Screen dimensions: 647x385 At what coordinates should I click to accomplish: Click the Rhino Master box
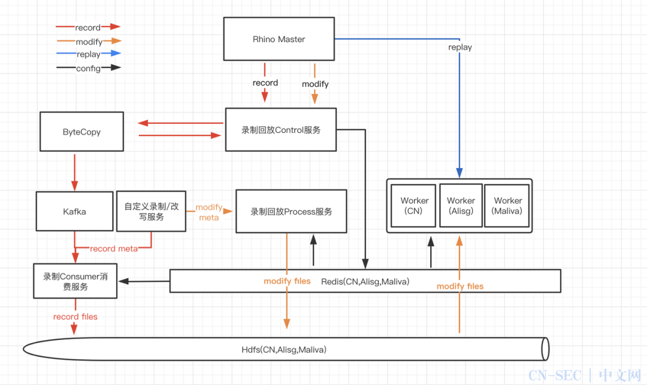click(279, 39)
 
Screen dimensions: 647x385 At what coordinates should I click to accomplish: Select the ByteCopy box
click(81, 132)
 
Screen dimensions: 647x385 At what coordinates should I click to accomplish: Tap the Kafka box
click(75, 211)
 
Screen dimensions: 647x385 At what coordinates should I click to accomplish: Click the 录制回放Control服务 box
click(281, 129)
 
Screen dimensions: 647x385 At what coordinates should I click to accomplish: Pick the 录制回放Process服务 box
click(291, 211)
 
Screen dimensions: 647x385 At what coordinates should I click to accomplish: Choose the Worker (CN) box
click(413, 206)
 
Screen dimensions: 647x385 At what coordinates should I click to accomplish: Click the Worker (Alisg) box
click(461, 206)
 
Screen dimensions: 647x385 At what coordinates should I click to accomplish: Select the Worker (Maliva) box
click(507, 206)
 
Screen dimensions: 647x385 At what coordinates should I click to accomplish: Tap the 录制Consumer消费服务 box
click(75, 281)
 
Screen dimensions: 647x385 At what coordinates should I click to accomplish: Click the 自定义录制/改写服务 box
click(152, 211)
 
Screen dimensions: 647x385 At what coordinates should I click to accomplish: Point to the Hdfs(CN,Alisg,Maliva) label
click(284, 350)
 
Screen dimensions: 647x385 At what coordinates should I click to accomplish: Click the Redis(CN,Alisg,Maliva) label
click(365, 281)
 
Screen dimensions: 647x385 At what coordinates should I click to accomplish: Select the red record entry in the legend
click(88, 27)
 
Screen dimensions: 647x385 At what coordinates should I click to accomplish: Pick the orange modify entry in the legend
click(89, 41)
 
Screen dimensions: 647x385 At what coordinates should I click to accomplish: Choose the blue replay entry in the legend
click(89, 53)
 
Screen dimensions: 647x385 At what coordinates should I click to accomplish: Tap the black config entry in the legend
click(88, 68)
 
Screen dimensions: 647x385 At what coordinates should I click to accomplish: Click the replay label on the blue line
click(460, 47)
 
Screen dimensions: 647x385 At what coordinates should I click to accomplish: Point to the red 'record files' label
click(75, 317)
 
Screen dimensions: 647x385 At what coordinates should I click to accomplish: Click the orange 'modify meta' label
click(209, 213)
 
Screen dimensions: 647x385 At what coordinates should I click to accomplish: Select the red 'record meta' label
click(114, 248)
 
